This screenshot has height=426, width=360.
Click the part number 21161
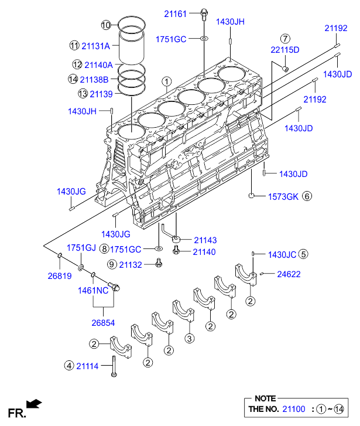click(x=175, y=14)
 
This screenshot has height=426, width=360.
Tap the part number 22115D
click(x=285, y=50)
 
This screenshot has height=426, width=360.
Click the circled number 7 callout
click(x=285, y=39)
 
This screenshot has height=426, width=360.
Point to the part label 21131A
click(x=95, y=46)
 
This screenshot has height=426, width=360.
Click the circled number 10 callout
click(x=106, y=25)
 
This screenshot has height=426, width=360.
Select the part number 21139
click(x=101, y=94)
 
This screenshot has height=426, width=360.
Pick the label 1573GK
click(x=283, y=197)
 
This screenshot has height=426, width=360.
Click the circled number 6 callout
click(x=307, y=196)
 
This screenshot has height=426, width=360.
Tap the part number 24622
click(x=289, y=274)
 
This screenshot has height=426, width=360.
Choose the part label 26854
click(x=103, y=323)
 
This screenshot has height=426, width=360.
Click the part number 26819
click(x=60, y=276)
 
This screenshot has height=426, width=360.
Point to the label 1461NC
click(x=93, y=291)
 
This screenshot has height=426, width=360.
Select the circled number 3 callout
click(x=190, y=339)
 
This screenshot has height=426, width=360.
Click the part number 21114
click(x=87, y=366)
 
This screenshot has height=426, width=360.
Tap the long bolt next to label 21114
click(x=114, y=366)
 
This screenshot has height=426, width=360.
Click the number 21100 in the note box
click(x=294, y=409)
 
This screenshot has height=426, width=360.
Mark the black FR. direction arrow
click(x=34, y=404)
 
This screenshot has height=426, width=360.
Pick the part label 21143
click(x=205, y=240)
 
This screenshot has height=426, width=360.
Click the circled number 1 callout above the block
click(x=167, y=81)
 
